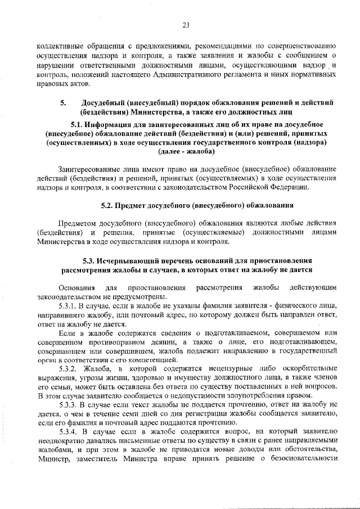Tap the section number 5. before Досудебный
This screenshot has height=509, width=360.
(64, 102)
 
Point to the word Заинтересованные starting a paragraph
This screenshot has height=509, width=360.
(91, 168)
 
